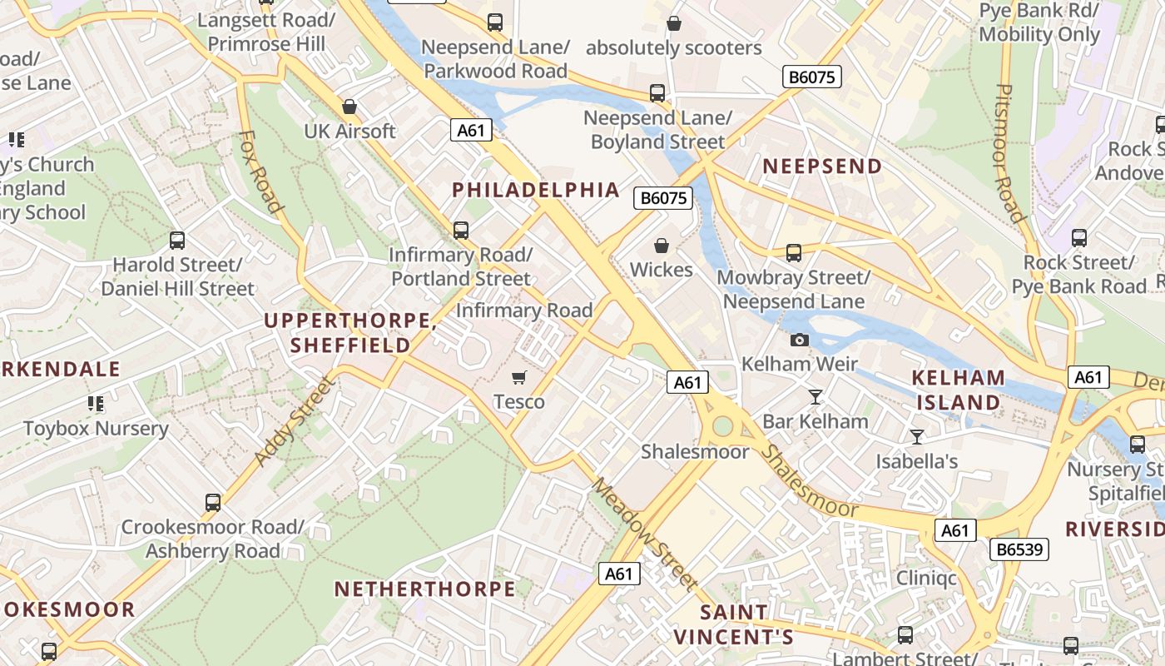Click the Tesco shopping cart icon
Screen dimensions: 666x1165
pyautogui.click(x=520, y=378)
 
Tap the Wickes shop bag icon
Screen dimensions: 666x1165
pyautogui.click(x=662, y=246)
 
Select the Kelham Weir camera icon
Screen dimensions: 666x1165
pyautogui.click(x=799, y=340)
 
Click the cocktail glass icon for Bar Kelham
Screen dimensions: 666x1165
pyautogui.click(x=815, y=397)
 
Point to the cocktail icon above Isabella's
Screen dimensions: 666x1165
pyautogui.click(x=917, y=436)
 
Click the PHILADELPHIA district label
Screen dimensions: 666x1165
pyautogui.click(x=536, y=190)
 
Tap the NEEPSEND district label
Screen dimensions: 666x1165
pyautogui.click(x=822, y=166)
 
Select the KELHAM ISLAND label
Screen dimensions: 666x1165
pyautogui.click(x=958, y=390)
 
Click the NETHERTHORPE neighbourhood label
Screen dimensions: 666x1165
pyautogui.click(x=424, y=589)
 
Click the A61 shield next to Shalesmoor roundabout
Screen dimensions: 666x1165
pyautogui.click(x=687, y=382)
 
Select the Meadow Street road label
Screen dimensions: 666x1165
pyautogui.click(x=644, y=533)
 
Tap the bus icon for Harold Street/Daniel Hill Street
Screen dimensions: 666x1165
pyautogui.click(x=177, y=241)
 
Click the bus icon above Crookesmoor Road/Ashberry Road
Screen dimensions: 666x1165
pyautogui.click(x=213, y=503)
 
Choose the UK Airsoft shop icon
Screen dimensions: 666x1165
pyautogui.click(x=349, y=107)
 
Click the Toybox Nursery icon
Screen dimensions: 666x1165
pyautogui.click(x=96, y=405)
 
